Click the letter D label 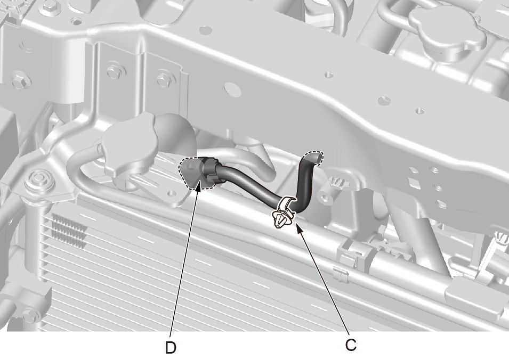click(x=171, y=348)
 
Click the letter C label click(x=351, y=345)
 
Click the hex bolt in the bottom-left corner click(x=30, y=316)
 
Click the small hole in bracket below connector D click(x=170, y=194)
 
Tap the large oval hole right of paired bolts click(x=233, y=89)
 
